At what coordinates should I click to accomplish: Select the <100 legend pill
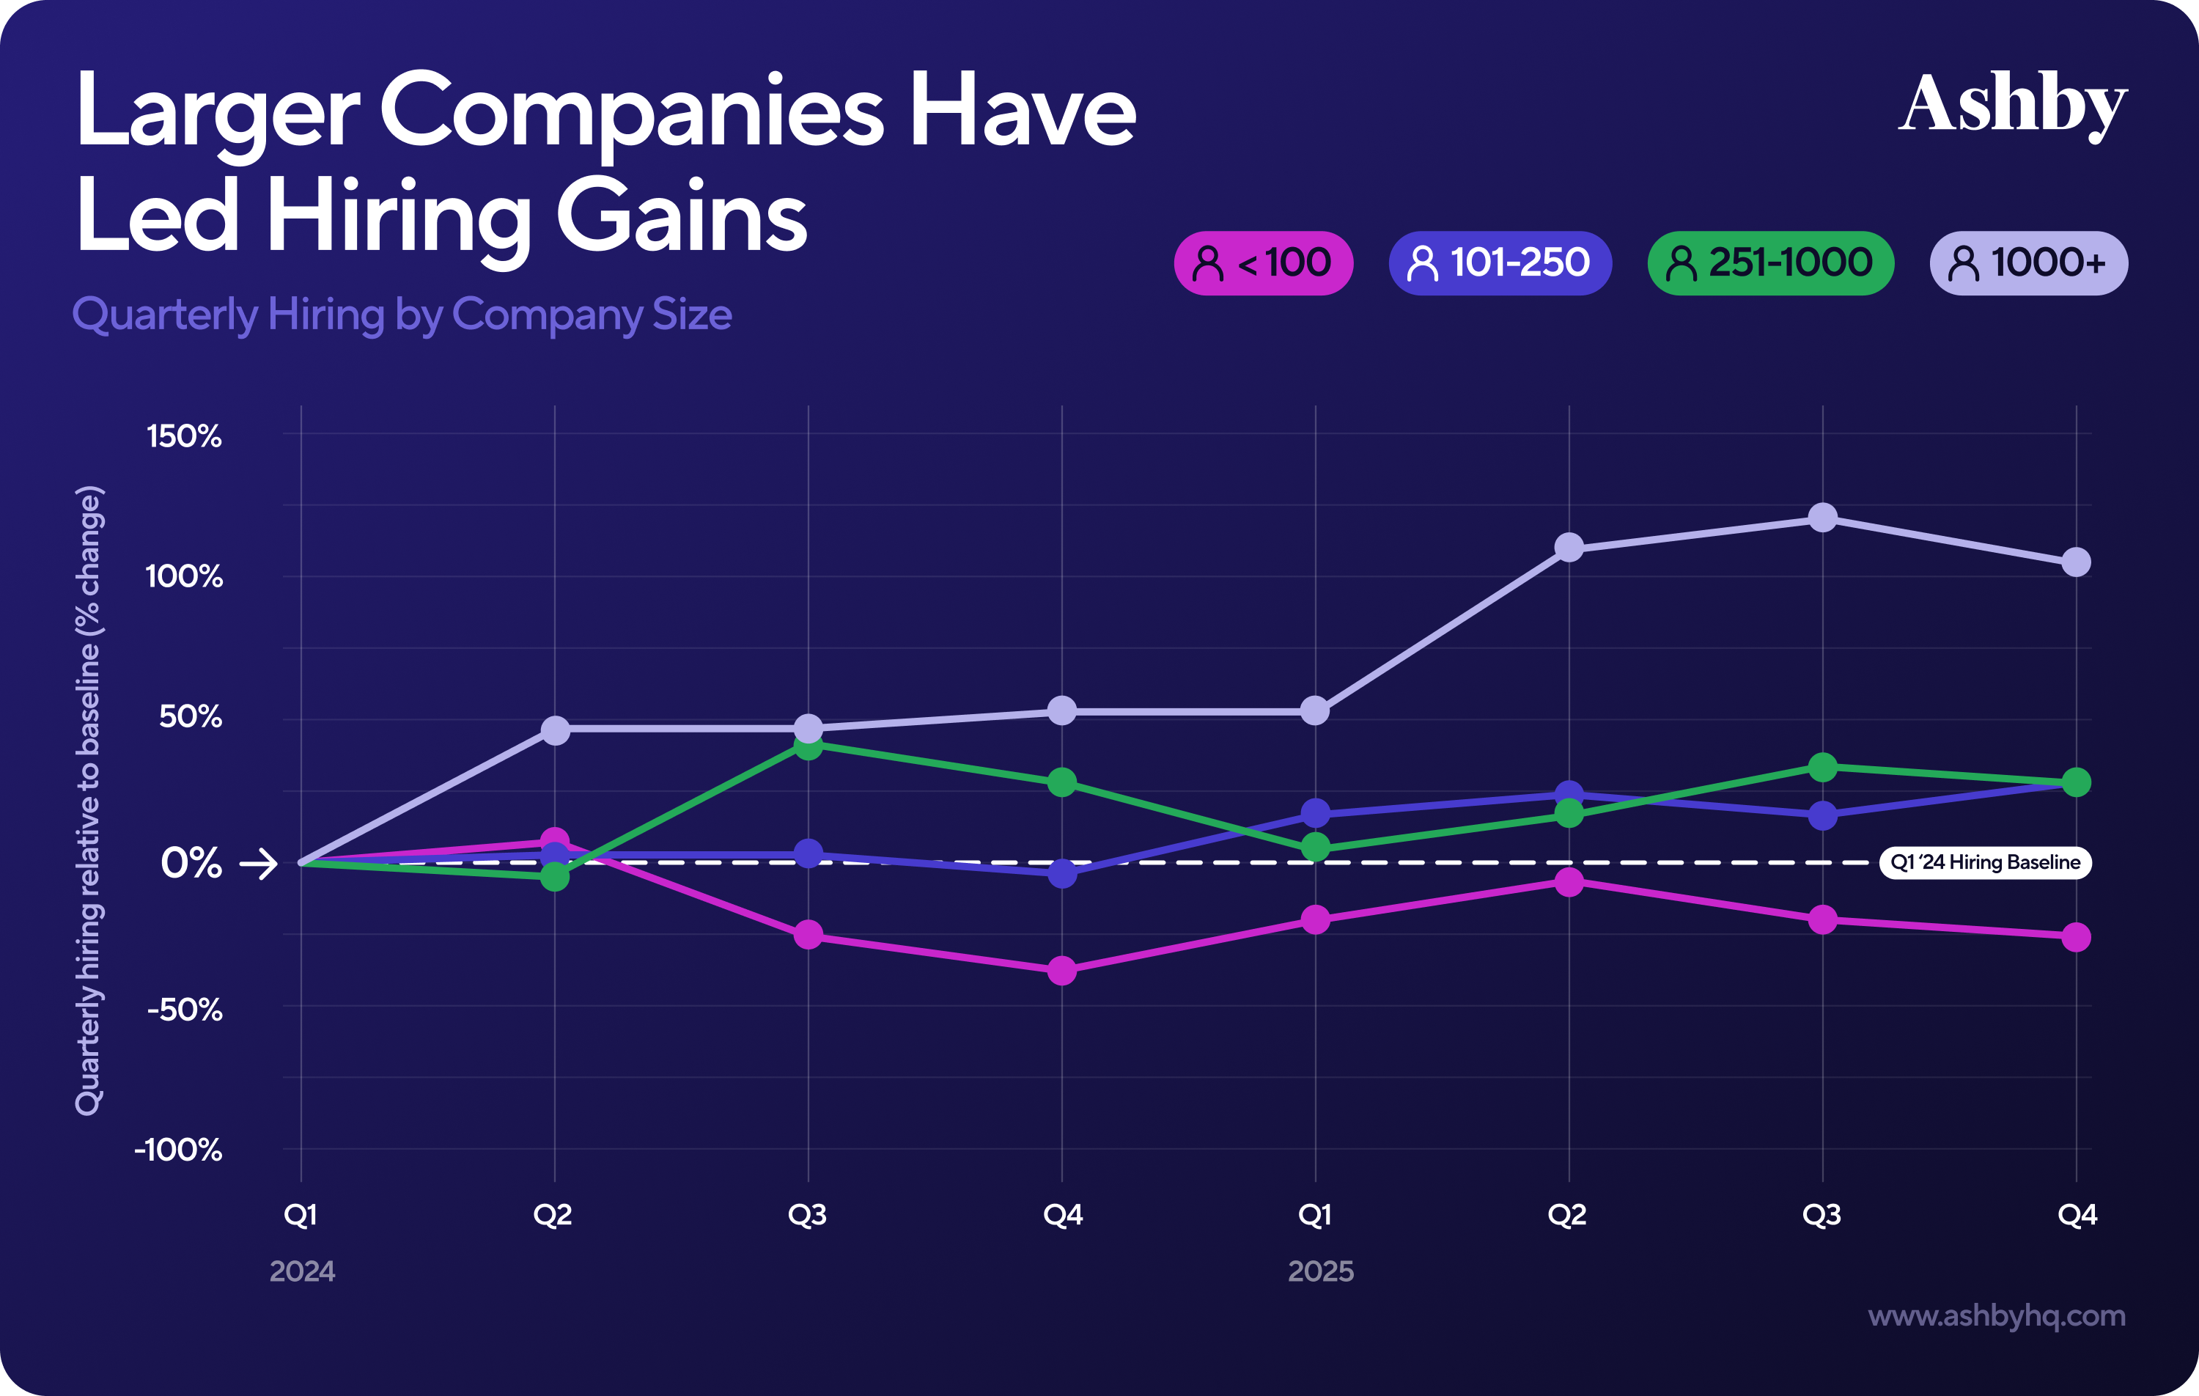(x=1263, y=263)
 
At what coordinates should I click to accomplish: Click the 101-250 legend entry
(x=1500, y=263)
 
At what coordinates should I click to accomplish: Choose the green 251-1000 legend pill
(x=1769, y=263)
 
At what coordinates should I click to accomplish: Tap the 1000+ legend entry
(x=2028, y=263)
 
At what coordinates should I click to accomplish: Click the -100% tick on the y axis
(x=179, y=1150)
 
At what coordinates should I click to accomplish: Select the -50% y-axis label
(x=185, y=1010)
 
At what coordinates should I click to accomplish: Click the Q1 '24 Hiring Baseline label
(x=1984, y=862)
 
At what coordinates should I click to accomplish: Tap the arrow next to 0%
(x=259, y=864)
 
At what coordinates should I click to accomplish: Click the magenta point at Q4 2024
(x=1062, y=970)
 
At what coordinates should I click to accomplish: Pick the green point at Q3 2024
(x=808, y=746)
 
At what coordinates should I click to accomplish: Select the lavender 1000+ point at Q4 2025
(x=2076, y=562)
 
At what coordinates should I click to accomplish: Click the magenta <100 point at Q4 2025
(x=2076, y=936)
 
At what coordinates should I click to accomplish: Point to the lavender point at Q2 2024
(x=555, y=730)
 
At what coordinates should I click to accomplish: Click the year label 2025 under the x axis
(x=1320, y=1271)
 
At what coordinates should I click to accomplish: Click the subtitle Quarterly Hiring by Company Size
(x=402, y=315)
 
